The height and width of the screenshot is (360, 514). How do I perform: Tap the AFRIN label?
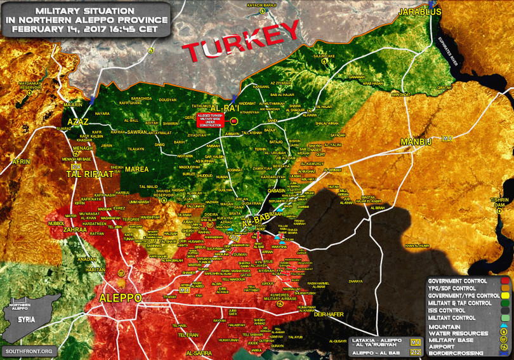(21, 162)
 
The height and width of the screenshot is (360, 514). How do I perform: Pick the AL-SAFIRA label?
(199, 352)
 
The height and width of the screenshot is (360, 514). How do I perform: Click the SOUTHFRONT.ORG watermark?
(29, 351)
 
